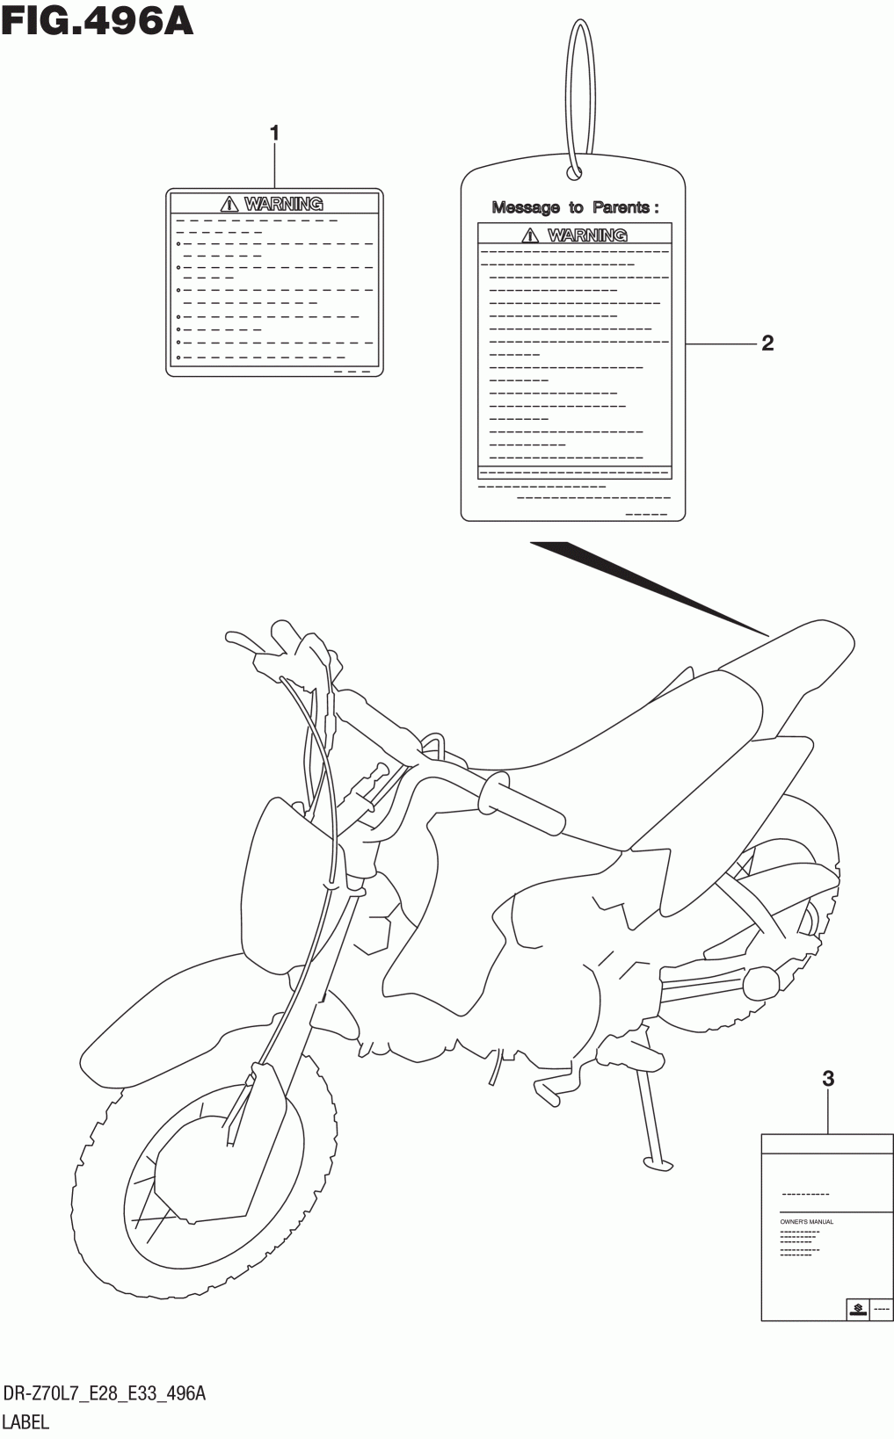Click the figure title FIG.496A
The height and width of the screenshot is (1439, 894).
[x=97, y=21]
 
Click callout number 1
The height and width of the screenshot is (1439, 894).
[x=274, y=134]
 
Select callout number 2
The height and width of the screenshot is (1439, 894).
[x=767, y=343]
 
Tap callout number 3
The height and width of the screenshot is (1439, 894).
[x=827, y=1079]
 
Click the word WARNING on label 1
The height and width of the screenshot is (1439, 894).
[x=283, y=204]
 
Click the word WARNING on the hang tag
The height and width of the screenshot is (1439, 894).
[x=587, y=235]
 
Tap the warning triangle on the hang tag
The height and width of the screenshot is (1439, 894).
[x=530, y=235]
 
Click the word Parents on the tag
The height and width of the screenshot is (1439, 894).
[x=621, y=207]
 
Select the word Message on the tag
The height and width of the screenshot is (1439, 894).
[x=526, y=207]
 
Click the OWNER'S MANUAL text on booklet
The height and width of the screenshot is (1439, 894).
[x=807, y=1222]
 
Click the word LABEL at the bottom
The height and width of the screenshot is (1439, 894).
[x=27, y=1421]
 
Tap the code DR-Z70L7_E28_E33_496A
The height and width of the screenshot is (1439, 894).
[x=105, y=1394]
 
